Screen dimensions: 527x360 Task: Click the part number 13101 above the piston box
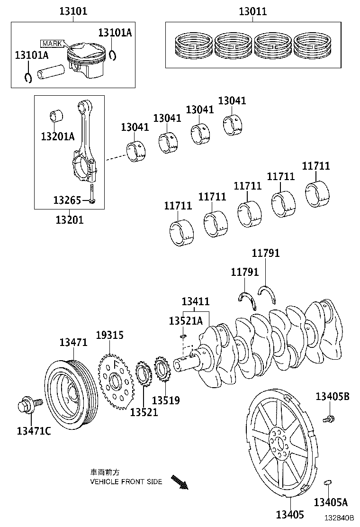click(73, 11)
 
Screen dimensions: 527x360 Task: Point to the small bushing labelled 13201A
click(56, 116)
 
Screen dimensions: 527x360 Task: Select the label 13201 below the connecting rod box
click(69, 220)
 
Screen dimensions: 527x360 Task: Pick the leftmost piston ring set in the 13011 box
click(192, 45)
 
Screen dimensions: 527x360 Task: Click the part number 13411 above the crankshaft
click(196, 301)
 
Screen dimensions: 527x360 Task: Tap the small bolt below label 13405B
click(328, 419)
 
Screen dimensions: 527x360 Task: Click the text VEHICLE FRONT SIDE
click(126, 482)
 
